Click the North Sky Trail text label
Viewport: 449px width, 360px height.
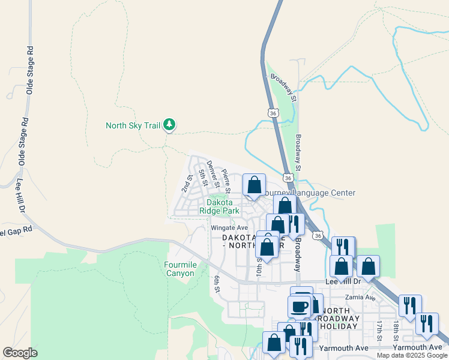(x=133, y=125)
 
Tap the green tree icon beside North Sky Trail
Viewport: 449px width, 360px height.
(x=170, y=125)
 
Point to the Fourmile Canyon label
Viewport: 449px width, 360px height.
(x=179, y=269)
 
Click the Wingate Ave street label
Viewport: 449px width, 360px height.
(x=229, y=228)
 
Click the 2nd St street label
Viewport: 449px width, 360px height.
(x=186, y=182)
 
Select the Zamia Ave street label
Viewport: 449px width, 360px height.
(x=360, y=298)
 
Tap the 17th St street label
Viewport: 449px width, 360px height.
(x=379, y=328)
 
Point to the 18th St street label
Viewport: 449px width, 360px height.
(x=396, y=328)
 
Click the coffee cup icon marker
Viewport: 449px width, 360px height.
(x=299, y=307)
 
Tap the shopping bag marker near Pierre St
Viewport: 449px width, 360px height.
(x=254, y=185)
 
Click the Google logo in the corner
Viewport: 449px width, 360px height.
(x=20, y=353)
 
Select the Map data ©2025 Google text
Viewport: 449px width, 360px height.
(x=412, y=355)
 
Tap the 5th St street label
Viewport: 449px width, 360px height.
(x=203, y=178)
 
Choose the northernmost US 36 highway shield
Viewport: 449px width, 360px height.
(x=273, y=112)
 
